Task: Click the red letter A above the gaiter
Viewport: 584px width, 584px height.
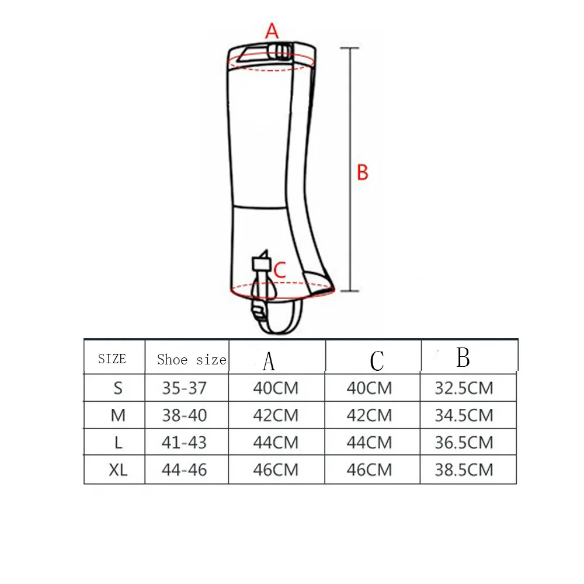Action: [x=272, y=31]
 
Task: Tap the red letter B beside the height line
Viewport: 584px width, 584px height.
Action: [x=363, y=172]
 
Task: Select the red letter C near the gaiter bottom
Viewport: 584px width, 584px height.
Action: [x=280, y=270]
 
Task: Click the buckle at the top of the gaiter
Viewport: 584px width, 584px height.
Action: [x=279, y=52]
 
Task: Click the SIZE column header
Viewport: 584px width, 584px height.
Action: [x=112, y=359]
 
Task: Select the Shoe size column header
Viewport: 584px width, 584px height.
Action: [x=192, y=359]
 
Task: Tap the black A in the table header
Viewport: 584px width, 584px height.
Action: [x=269, y=361]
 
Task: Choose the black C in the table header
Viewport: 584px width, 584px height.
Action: [x=377, y=360]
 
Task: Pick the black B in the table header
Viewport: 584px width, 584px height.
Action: [x=463, y=357]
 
